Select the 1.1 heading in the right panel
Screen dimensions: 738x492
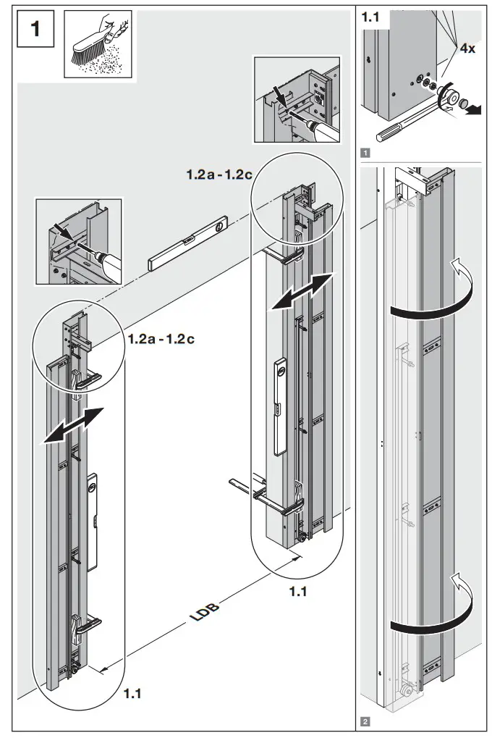tap(371, 18)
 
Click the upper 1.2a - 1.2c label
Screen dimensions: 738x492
tap(214, 175)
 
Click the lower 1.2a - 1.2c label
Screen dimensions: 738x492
tap(161, 338)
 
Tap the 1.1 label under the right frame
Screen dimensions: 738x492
tap(299, 592)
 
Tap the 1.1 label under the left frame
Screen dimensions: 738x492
tap(132, 694)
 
